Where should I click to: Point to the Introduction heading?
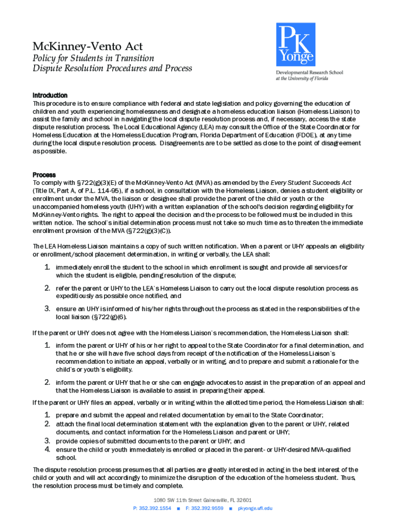50,96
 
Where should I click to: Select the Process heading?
44,175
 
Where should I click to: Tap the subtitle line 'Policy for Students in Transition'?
93,58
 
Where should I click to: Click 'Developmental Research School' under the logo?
309,73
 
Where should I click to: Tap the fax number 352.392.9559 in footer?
207,508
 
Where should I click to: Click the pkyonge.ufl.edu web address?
255,508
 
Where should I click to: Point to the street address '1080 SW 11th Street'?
176,500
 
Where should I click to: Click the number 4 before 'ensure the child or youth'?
47,450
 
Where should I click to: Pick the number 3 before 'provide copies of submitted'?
47,441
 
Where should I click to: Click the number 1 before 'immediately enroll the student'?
47,267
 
